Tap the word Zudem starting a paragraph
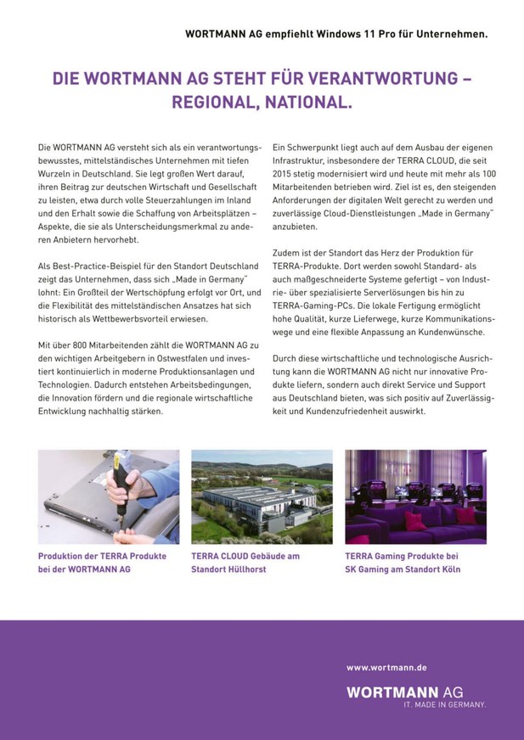pyautogui.click(x=287, y=253)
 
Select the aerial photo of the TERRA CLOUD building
pyautogui.click(x=262, y=496)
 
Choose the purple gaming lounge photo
pyautogui.click(x=415, y=496)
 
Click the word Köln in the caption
pyautogui.click(x=448, y=569)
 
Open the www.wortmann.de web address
pyautogui.click(x=386, y=668)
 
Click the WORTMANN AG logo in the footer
pyautogui.click(x=415, y=692)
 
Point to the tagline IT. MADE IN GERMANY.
pyautogui.click(x=444, y=705)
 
